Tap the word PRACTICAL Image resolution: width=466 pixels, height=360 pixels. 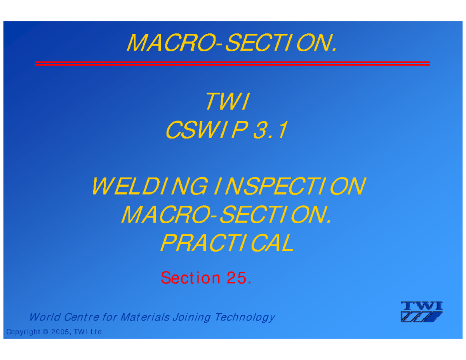pos(227,243)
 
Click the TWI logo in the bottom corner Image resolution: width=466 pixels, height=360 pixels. pos(421,311)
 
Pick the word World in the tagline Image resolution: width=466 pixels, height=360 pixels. pos(44,318)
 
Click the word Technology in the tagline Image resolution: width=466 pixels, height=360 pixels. pos(245,318)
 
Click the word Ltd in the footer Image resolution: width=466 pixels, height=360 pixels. pos(96,332)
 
